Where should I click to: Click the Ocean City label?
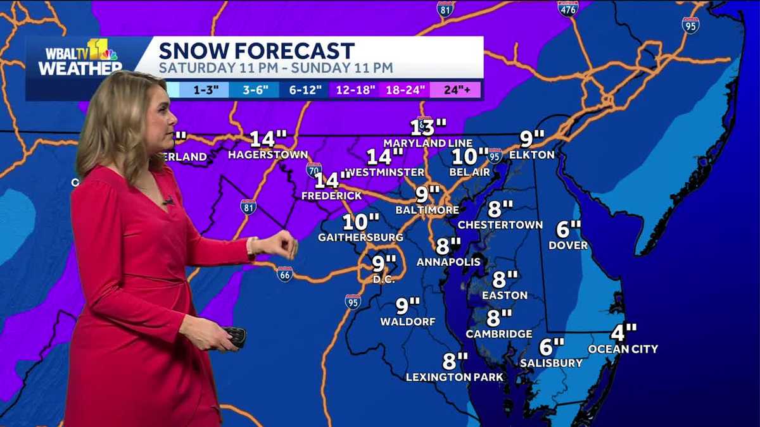[x=623, y=349]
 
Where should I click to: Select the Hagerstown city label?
[x=268, y=154]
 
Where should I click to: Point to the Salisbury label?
[x=551, y=362]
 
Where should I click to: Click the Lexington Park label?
[x=455, y=377]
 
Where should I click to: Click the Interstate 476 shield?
[x=567, y=8]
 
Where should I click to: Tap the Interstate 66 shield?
[x=284, y=273]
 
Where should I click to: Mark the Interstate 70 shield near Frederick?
[x=313, y=170]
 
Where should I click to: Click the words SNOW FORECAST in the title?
[x=256, y=51]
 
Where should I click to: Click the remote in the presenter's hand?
[x=236, y=335]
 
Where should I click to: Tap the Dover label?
[x=568, y=245]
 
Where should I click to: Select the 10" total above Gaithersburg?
[x=361, y=222]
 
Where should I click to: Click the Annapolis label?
[x=448, y=261]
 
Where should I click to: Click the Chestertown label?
[x=500, y=225]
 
